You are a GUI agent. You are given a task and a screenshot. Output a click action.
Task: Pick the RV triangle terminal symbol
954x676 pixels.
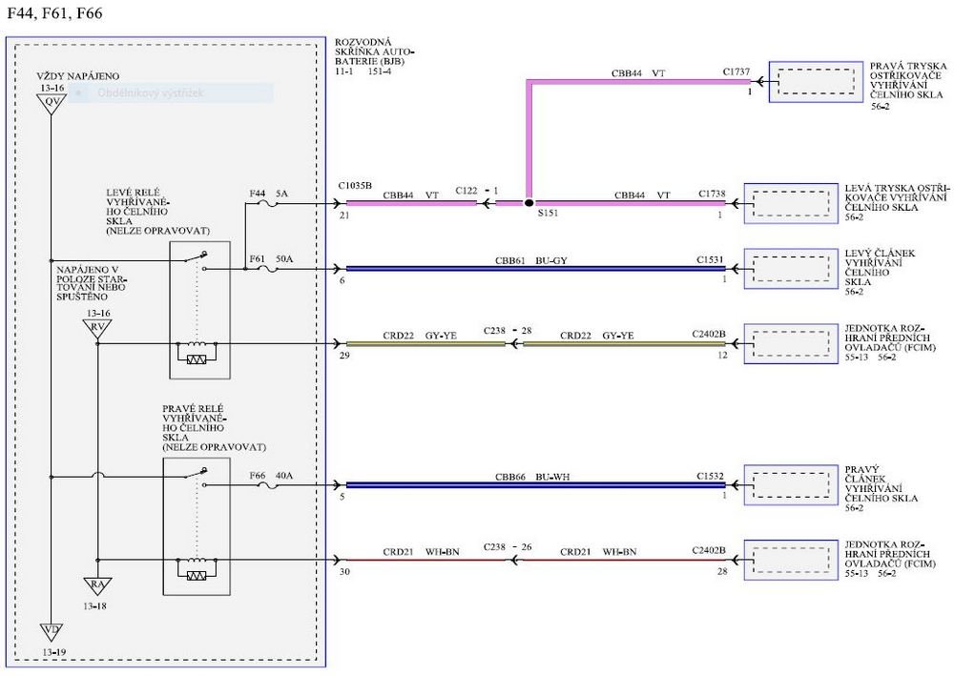[97, 329]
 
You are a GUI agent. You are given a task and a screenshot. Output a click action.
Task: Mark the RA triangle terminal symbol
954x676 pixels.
[97, 584]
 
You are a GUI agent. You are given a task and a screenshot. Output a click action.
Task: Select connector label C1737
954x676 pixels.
[736, 72]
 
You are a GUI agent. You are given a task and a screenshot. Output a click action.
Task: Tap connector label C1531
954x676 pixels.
[712, 259]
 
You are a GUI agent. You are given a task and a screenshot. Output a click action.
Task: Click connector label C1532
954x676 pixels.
[712, 475]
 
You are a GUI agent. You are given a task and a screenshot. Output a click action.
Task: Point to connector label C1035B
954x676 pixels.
[355, 185]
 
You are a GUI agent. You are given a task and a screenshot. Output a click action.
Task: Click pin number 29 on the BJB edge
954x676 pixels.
[343, 355]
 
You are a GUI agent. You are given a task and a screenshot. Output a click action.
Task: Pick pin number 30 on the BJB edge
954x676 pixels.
[343, 571]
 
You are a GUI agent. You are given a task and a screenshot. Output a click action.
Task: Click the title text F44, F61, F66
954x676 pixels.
[54, 13]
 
